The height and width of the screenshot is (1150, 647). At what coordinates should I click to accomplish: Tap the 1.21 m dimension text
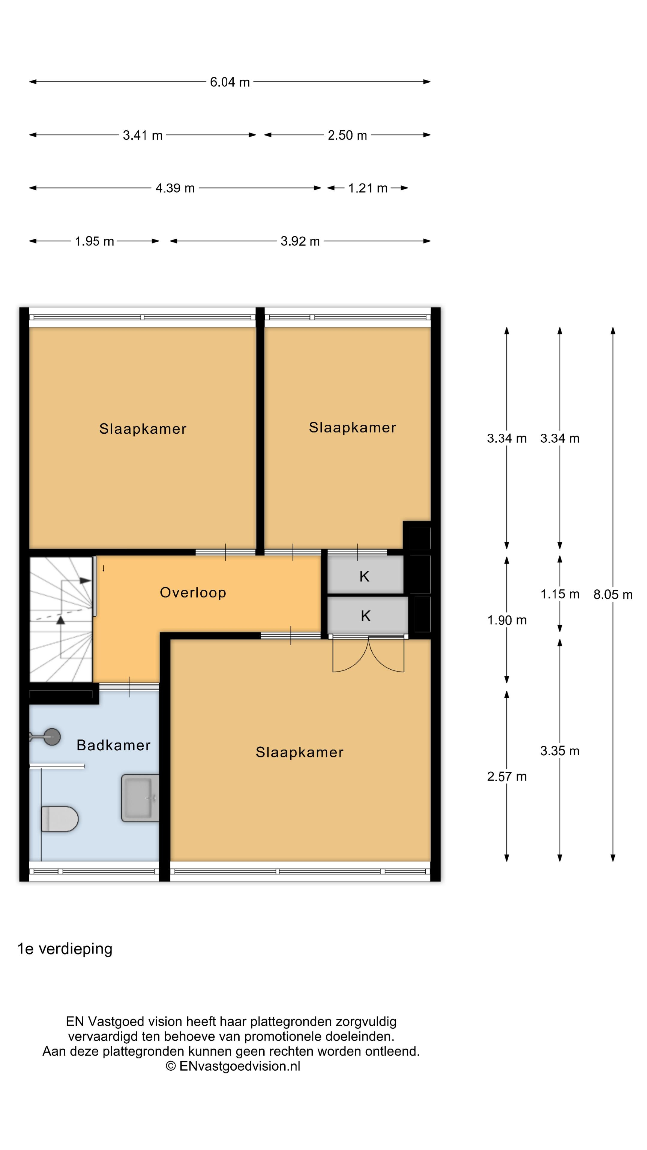pyautogui.click(x=368, y=188)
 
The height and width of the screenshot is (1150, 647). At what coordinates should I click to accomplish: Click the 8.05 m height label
pyautogui.click(x=613, y=595)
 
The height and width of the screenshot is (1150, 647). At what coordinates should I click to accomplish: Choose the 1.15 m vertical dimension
pyautogui.click(x=560, y=594)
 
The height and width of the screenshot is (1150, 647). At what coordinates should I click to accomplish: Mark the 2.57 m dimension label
pyautogui.click(x=507, y=776)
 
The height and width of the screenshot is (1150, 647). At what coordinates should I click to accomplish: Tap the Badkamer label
pyautogui.click(x=114, y=745)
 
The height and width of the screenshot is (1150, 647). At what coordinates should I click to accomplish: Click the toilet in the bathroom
pyautogui.click(x=59, y=819)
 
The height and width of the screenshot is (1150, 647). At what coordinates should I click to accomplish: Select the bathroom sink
pyautogui.click(x=140, y=798)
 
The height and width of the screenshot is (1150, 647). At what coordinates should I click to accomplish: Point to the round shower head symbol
pyautogui.click(x=52, y=737)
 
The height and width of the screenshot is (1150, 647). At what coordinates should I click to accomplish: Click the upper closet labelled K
pyautogui.click(x=365, y=576)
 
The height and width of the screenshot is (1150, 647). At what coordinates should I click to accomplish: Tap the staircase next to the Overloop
pyautogui.click(x=61, y=619)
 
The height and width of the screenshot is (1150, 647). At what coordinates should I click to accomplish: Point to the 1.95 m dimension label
pyautogui.click(x=94, y=241)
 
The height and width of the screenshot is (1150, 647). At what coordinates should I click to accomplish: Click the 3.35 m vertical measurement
pyautogui.click(x=560, y=751)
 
